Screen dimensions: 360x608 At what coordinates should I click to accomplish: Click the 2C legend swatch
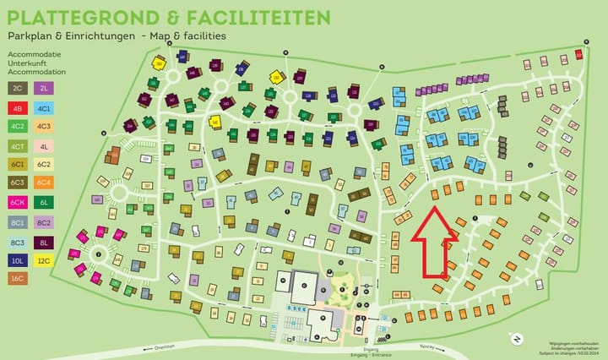18,87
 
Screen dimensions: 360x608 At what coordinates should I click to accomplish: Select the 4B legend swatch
18,107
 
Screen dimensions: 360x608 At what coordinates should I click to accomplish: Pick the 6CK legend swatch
18,202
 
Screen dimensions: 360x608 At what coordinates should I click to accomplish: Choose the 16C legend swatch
18,279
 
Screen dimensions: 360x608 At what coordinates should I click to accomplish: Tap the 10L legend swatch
18,260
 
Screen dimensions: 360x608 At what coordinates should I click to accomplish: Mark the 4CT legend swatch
18,145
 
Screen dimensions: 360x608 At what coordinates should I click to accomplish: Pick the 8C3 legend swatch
18,241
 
